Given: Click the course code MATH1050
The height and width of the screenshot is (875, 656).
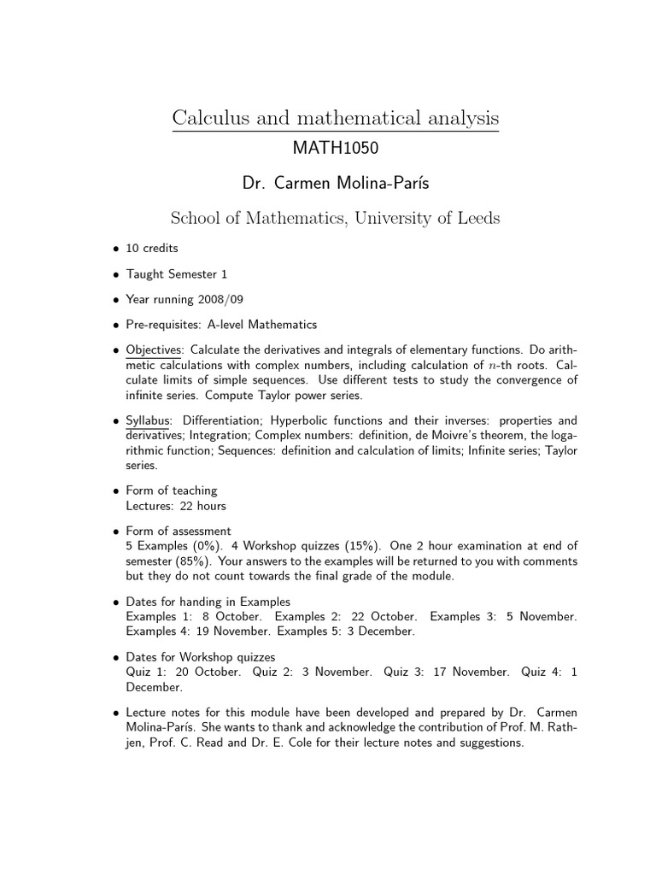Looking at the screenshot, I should click(335, 149).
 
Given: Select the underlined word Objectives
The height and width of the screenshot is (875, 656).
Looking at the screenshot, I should click(154, 349).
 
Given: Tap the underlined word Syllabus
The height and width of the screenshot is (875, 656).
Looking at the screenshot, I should click(149, 420).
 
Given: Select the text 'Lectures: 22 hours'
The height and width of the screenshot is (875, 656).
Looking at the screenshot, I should click(176, 506).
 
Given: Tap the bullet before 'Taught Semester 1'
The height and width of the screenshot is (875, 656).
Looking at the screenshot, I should click(115, 274).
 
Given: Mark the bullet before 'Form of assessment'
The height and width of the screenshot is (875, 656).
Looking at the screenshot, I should click(115, 531).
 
